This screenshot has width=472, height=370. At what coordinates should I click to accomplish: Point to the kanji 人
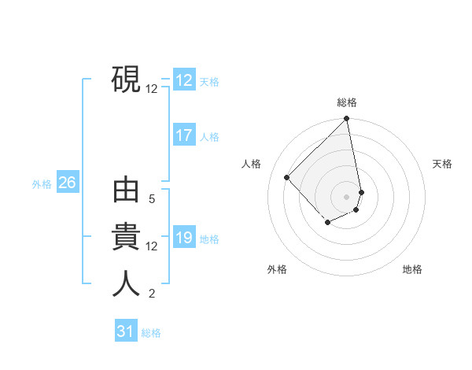click(x=126, y=283)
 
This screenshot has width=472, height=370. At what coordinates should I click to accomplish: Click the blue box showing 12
click(x=184, y=80)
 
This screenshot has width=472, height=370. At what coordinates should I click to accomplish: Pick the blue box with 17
click(x=184, y=135)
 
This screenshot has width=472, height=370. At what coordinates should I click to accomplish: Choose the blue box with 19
click(x=184, y=238)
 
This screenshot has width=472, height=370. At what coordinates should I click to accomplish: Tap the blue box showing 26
click(x=67, y=183)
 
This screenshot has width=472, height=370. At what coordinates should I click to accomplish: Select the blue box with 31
click(x=126, y=331)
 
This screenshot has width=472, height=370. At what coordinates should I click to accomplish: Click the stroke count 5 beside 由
click(x=152, y=199)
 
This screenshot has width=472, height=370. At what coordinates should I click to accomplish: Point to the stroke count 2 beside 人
click(x=152, y=294)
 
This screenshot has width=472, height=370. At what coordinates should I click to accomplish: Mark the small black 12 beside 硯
click(x=152, y=89)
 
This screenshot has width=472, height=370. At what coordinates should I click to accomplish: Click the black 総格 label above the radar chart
click(x=347, y=102)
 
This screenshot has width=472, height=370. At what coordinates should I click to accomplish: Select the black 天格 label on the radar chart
click(x=443, y=164)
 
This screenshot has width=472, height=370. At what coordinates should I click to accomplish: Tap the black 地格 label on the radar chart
click(x=412, y=269)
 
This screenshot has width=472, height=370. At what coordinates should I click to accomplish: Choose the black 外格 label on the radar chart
click(x=277, y=269)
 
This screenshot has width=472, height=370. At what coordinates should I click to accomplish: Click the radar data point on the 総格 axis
click(x=347, y=120)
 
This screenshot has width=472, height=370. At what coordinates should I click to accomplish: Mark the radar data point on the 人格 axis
click(x=287, y=177)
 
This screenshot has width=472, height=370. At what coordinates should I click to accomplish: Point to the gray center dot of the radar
click(x=347, y=197)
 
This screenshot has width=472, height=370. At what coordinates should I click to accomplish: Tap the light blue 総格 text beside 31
click(x=151, y=333)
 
